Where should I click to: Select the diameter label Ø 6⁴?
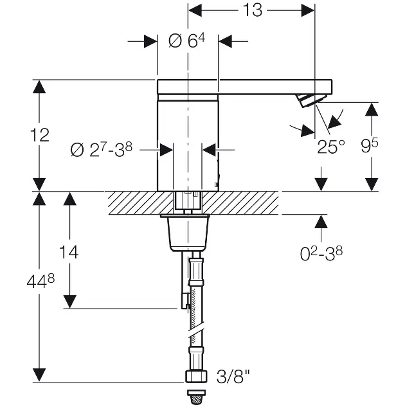click(186, 40)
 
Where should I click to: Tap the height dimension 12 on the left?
click(40, 135)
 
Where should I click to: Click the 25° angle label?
click(331, 147)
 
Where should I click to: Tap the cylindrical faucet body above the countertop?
click(188, 141)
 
